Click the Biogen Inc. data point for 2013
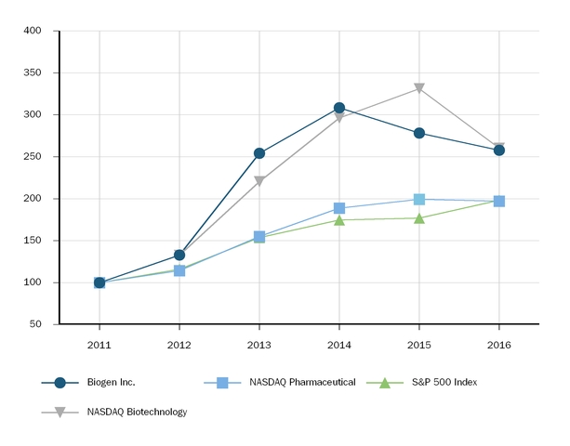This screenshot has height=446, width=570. pyautogui.click(x=259, y=153)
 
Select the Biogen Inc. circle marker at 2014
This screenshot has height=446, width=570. pyautogui.click(x=339, y=108)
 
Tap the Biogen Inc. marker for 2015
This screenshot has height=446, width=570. pyautogui.click(x=419, y=133)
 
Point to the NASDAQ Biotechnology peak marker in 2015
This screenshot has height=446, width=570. pyautogui.click(x=419, y=88)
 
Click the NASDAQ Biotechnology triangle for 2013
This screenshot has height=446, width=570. pyautogui.click(x=259, y=181)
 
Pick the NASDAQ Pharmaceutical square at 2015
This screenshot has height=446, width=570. pyautogui.click(x=419, y=199)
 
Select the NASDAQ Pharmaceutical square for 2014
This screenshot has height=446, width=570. pyautogui.click(x=339, y=208)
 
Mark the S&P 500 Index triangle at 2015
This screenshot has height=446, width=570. pyautogui.click(x=419, y=217)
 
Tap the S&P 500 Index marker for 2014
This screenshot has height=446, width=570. pyautogui.click(x=339, y=219)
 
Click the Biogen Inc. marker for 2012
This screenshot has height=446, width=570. pyautogui.click(x=179, y=255)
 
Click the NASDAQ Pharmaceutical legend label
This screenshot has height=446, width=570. pyautogui.click(x=302, y=382)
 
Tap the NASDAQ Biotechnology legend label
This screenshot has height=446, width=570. pyautogui.click(x=137, y=412)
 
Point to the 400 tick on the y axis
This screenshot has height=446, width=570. pyautogui.click(x=33, y=31)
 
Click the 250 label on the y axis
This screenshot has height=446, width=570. pyautogui.click(x=33, y=156)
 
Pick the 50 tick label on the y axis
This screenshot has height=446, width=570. pyautogui.click(x=35, y=324)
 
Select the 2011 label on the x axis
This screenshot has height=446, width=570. pyautogui.click(x=99, y=344)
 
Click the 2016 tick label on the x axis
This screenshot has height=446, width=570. pyautogui.click(x=499, y=344)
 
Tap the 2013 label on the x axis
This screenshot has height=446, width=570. pyautogui.click(x=259, y=344)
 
